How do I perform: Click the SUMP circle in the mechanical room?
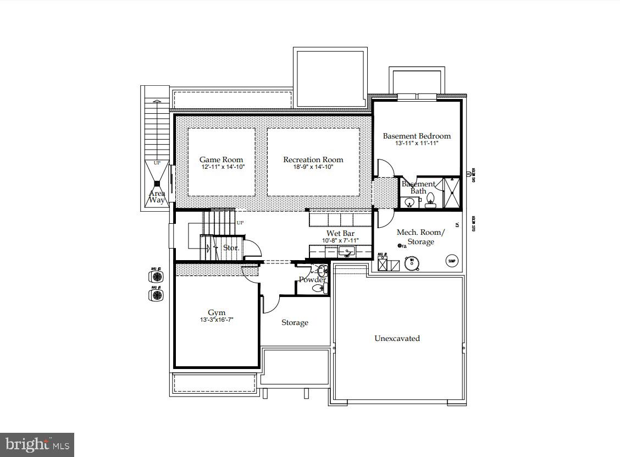coord(452,261)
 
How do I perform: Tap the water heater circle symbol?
coord(411,263)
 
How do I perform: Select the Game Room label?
coord(221,159)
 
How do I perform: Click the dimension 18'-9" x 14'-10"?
coord(313,167)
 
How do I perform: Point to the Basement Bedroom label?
coord(417,136)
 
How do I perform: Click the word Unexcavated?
coord(397,338)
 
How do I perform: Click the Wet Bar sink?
coord(347,252)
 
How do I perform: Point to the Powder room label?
coord(312,279)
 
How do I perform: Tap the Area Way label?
coord(157,196)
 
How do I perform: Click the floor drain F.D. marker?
coord(401,246)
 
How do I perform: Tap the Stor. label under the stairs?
coord(230,248)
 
